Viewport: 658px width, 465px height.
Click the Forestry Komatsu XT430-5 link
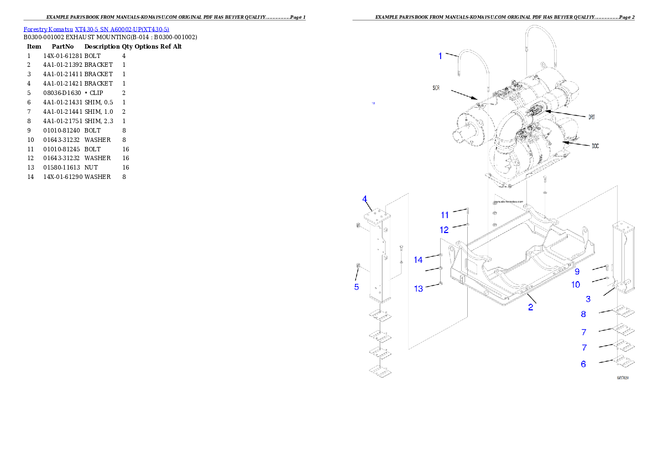click(x=96, y=29)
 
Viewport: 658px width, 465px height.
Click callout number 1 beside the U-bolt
click(x=440, y=56)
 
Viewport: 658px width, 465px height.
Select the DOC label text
click(x=595, y=146)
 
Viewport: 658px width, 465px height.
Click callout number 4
click(x=365, y=199)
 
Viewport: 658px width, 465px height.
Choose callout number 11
click(x=445, y=215)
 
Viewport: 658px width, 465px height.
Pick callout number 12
click(x=445, y=229)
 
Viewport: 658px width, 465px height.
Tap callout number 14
click(x=418, y=260)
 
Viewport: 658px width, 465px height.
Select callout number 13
click(x=418, y=288)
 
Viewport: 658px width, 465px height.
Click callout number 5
click(x=357, y=287)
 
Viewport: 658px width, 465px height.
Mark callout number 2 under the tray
click(x=531, y=308)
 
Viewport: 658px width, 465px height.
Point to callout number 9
click(x=577, y=271)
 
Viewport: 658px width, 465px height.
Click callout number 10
click(x=576, y=284)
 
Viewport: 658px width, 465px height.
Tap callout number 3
click(x=588, y=299)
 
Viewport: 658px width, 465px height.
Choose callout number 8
click(x=583, y=314)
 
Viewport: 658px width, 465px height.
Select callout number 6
click(x=583, y=364)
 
